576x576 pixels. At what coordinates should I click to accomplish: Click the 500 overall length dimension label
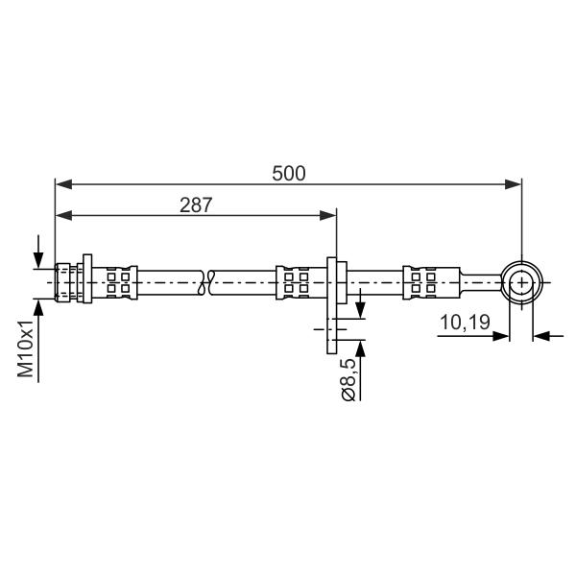point(289,174)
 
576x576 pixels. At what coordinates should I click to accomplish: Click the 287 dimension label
point(196,205)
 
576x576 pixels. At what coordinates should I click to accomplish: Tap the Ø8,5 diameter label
point(348,379)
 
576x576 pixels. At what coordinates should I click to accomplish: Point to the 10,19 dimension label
point(465,323)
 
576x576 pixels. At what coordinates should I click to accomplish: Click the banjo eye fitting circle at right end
point(522,282)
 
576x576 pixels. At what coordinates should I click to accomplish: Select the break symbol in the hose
point(205,282)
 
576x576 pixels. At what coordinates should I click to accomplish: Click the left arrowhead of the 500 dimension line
point(63,184)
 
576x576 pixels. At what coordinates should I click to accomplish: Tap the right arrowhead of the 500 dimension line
point(514,184)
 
